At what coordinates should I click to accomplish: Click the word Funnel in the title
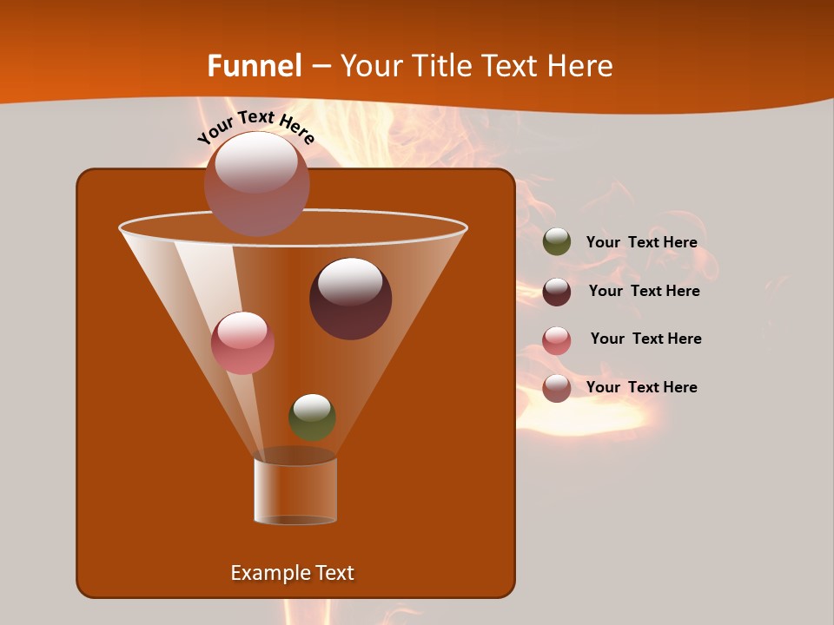coord(254,66)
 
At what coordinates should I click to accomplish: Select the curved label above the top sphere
coord(255,127)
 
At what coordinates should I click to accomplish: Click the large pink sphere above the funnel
coord(256,183)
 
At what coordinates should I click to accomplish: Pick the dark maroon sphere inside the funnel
coord(350,298)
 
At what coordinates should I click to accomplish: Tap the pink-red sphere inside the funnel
coord(242,342)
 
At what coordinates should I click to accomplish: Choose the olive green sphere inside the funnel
coord(312,417)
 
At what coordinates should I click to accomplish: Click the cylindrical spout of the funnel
coord(295,490)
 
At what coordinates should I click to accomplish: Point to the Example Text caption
coord(293,573)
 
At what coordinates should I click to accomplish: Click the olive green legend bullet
coord(557,242)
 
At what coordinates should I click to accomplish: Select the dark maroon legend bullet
coord(557,292)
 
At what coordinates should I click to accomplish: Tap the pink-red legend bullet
coord(557,340)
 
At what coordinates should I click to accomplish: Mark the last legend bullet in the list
coord(557,388)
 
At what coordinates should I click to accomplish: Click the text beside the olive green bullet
coord(641,243)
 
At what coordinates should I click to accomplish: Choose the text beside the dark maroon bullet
coord(644,292)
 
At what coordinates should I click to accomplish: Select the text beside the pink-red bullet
coord(645,339)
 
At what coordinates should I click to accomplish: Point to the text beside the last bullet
coord(641,388)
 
